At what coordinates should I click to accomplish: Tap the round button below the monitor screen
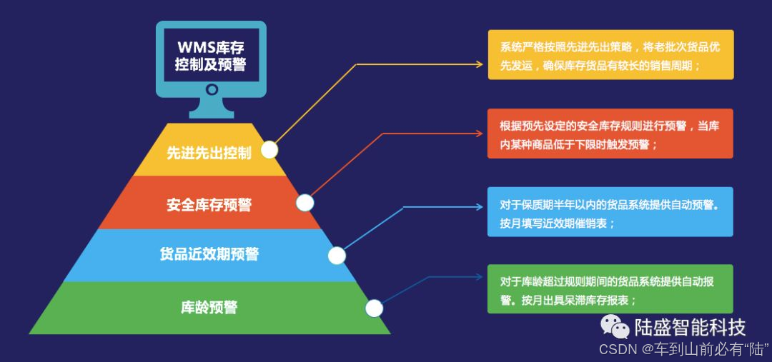point(212,90)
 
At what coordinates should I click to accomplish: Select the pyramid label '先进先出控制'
point(209,153)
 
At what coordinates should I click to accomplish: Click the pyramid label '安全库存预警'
point(209,205)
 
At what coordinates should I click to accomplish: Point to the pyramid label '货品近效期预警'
point(209,254)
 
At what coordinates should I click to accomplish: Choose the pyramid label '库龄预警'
point(209,308)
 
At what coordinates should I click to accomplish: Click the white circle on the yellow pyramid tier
point(269,150)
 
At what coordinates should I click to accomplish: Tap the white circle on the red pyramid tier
point(305,203)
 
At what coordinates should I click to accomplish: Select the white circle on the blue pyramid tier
point(337,255)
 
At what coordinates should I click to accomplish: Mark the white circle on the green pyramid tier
point(374,308)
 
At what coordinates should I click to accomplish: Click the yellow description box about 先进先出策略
point(610,55)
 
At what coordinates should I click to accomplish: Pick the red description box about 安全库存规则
point(610,134)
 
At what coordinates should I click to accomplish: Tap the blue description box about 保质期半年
point(610,212)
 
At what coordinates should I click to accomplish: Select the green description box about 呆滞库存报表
point(610,289)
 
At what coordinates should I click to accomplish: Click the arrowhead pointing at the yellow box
point(481,64)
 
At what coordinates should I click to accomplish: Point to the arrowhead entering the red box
point(481,133)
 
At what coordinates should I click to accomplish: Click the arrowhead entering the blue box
point(481,207)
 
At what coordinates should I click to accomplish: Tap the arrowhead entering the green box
point(481,276)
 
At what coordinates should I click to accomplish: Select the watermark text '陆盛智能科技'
point(690,327)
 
